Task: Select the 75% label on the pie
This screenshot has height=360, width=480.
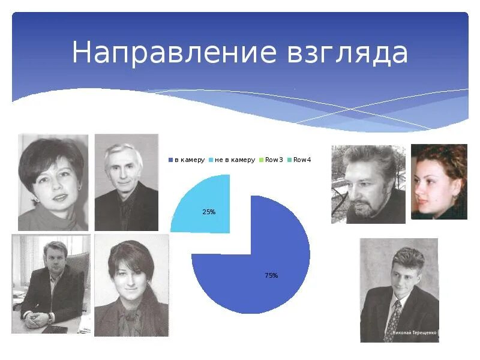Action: (271, 275)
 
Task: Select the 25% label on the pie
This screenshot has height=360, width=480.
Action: (209, 212)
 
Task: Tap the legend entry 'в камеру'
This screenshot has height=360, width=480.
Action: (188, 160)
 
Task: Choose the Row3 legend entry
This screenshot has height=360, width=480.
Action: (274, 160)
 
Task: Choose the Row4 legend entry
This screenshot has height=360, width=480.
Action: (302, 160)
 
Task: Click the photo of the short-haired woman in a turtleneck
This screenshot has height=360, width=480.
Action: (53, 182)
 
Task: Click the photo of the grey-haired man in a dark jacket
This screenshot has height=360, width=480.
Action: (126, 182)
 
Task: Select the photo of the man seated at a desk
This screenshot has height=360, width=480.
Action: (50, 283)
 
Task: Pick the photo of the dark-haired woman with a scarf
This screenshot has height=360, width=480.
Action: (131, 285)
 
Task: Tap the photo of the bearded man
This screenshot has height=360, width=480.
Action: (368, 184)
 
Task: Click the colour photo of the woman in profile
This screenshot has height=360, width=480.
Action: (439, 181)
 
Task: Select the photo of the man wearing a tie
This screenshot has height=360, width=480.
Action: (399, 290)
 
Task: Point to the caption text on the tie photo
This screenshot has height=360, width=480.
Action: (414, 332)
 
